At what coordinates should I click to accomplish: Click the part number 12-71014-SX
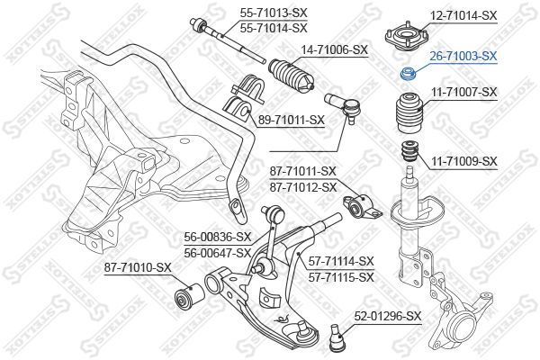click(x=463, y=15)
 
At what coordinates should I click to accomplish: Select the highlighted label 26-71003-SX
click(x=463, y=56)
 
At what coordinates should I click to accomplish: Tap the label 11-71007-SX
click(x=463, y=93)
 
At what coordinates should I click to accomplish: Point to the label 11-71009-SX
click(x=463, y=161)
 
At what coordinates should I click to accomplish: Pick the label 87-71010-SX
click(x=138, y=267)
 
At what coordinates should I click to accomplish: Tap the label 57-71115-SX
click(x=340, y=277)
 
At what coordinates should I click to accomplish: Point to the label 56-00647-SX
click(x=218, y=253)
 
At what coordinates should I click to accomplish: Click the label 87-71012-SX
click(x=302, y=186)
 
